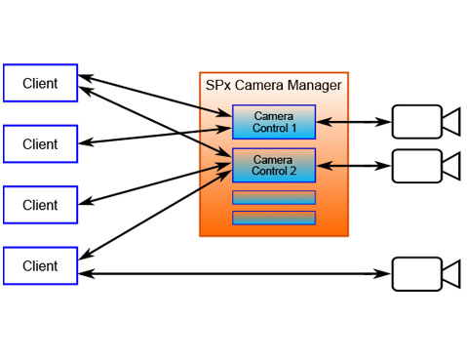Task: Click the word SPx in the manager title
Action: (217, 85)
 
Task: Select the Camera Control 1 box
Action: (273, 122)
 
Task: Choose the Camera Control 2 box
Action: (273, 165)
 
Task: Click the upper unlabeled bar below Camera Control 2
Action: (273, 197)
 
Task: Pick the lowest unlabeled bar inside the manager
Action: (273, 218)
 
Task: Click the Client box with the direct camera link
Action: (40, 265)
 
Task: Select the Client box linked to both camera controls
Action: (40, 83)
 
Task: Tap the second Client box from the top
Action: (40, 143)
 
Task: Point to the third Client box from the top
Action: (40, 205)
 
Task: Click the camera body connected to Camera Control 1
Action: (415, 122)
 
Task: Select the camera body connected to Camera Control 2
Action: (415, 166)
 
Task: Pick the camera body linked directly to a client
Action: (415, 273)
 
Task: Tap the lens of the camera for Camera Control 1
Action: (450, 122)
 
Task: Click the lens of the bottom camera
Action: (450, 273)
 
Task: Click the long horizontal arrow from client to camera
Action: (234, 273)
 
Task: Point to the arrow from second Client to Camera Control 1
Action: (156, 136)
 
